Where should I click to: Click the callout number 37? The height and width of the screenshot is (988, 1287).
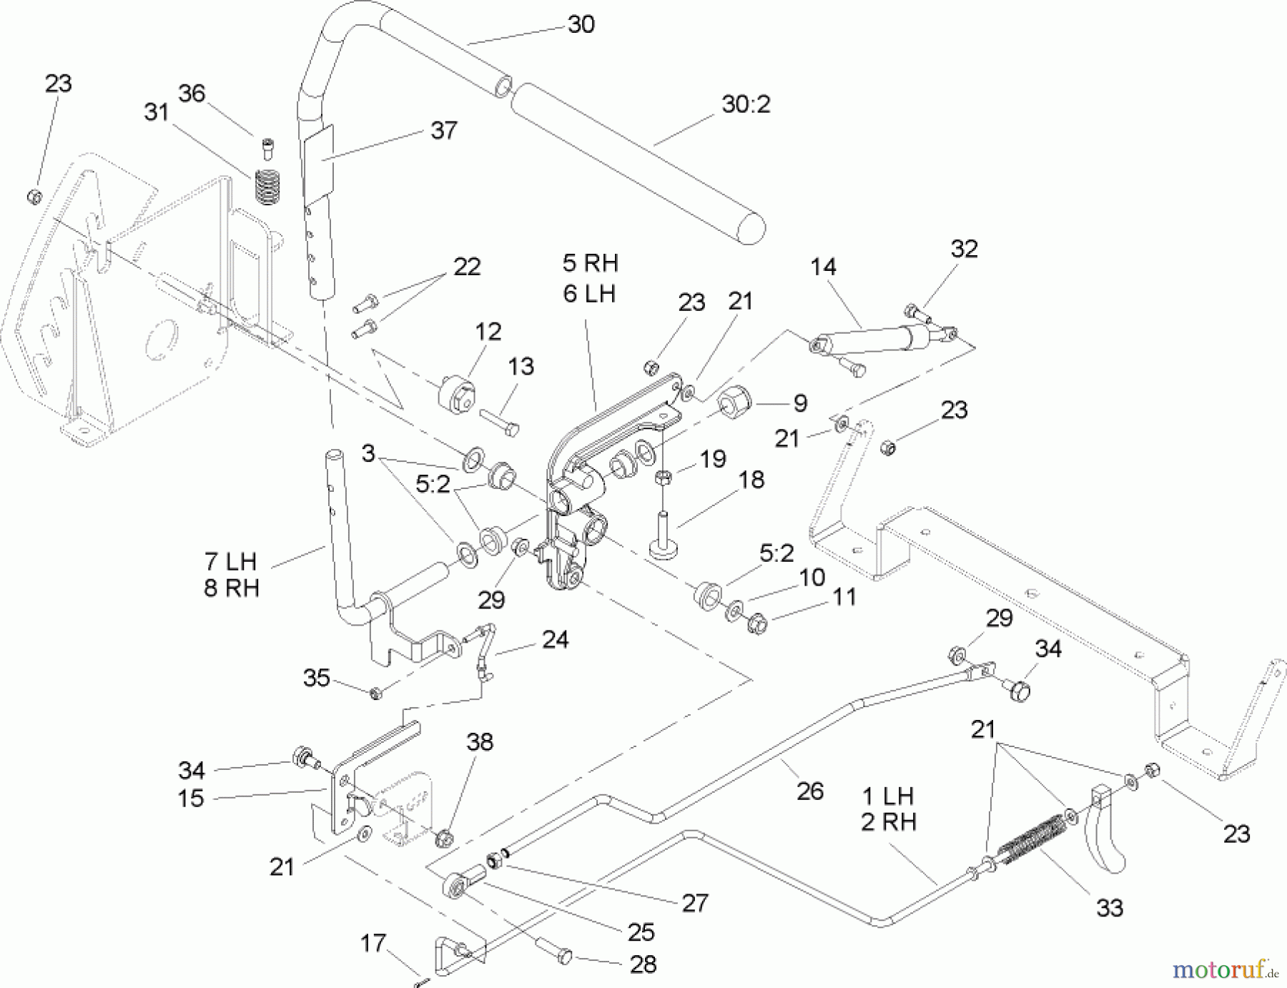pos(443,131)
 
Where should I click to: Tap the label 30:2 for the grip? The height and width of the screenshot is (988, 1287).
pos(746,105)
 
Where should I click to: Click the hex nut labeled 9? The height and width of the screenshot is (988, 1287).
pos(733,404)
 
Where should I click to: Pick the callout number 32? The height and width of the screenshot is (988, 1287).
pos(963,249)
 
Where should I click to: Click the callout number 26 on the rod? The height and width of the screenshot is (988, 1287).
pos(809,791)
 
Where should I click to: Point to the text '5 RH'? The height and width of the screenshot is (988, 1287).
pos(590,263)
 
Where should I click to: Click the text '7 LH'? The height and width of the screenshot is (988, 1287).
pos(230,562)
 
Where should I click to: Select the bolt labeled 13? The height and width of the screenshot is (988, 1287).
pos(500,422)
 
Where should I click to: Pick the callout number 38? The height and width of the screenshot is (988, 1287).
pos(479,742)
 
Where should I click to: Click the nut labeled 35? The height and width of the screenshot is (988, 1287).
pos(376,692)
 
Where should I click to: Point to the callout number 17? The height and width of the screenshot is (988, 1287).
pos(373,944)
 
